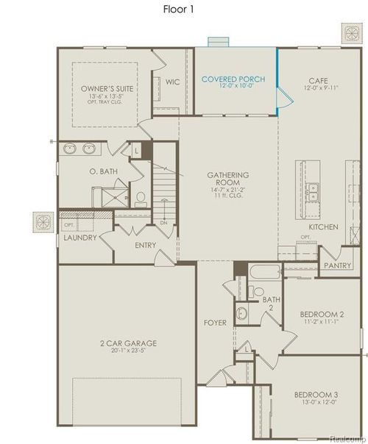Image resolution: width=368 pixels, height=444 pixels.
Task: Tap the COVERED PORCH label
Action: pyautogui.click(x=233, y=79)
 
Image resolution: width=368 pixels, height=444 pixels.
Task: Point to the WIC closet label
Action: pyautogui.click(x=173, y=82)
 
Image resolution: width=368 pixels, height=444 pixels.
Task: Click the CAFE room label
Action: pyautogui.click(x=318, y=82)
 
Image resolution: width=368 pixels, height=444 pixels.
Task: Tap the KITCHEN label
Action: pyautogui.click(x=323, y=227)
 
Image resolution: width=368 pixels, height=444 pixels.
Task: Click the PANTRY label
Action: pyautogui.click(x=337, y=265)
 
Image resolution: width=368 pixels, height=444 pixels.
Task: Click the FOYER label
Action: pyautogui.click(x=215, y=323)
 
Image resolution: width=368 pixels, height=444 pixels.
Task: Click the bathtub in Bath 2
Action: pyautogui.click(x=262, y=278)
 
